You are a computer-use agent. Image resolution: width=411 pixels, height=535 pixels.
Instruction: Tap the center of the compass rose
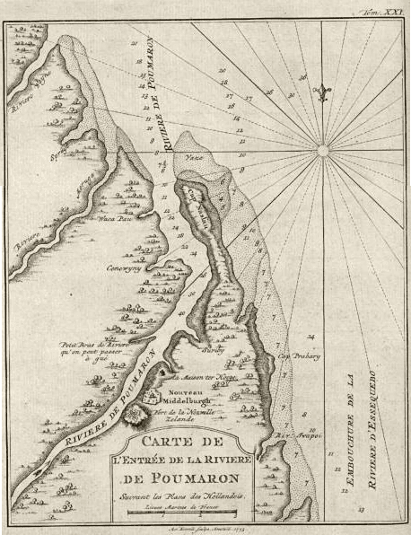[x=324, y=150]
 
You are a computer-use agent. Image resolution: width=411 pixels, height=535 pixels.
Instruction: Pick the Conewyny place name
[x=127, y=267]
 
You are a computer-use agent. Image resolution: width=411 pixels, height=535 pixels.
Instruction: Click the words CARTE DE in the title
[x=183, y=443]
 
